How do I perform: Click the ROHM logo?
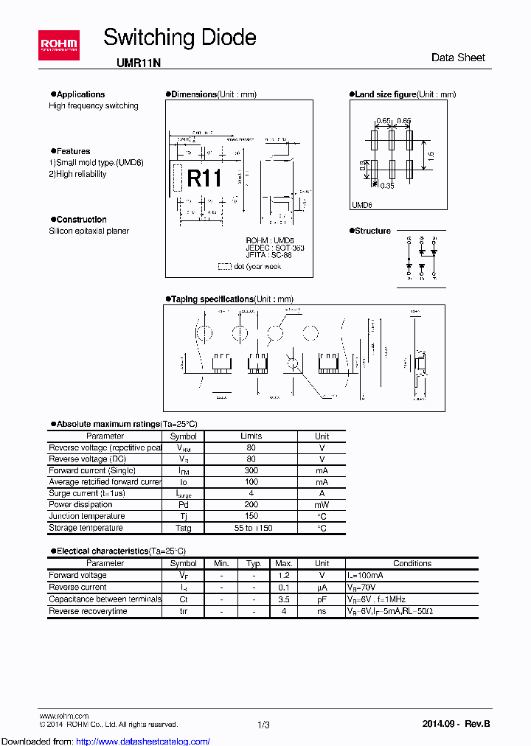(x=60, y=46)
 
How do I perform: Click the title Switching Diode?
(x=179, y=38)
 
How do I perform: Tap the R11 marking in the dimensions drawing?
(x=204, y=178)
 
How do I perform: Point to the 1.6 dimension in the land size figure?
(x=431, y=156)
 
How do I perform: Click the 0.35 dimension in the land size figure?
(x=386, y=186)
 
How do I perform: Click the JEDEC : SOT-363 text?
(x=274, y=248)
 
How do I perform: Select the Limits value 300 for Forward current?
(x=251, y=470)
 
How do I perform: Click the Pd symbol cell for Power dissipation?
(x=183, y=505)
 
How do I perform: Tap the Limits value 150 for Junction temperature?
(x=251, y=516)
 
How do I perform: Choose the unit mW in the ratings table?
(x=322, y=505)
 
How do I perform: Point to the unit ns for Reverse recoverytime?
(x=322, y=611)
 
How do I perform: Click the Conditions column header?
(x=412, y=563)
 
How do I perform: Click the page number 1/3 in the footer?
(x=263, y=725)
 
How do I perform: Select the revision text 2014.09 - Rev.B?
(x=456, y=724)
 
